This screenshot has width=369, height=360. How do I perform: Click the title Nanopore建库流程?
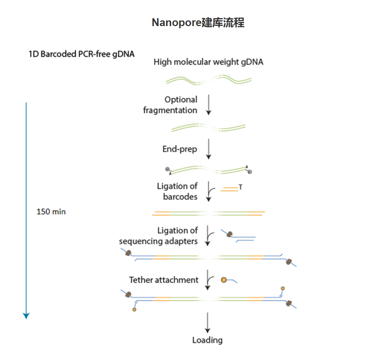[198, 23]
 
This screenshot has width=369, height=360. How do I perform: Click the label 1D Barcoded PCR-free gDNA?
[81, 54]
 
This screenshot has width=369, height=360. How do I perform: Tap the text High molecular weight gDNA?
[208, 62]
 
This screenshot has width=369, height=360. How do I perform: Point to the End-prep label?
[180, 149]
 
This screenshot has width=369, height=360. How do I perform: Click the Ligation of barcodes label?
[178, 191]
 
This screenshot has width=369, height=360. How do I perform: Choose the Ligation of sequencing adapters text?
[159, 236]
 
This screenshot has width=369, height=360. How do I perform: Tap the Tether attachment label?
[164, 280]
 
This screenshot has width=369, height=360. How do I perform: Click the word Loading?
[207, 340]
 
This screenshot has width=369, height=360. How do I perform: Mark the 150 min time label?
[51, 212]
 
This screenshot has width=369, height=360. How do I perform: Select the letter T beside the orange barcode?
[240, 187]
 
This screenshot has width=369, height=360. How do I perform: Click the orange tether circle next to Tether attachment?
[224, 280]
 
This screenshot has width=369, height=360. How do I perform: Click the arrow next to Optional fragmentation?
[209, 106]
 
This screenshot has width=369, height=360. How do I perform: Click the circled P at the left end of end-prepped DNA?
[167, 169]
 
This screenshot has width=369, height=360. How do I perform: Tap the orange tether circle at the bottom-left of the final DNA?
[134, 310]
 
